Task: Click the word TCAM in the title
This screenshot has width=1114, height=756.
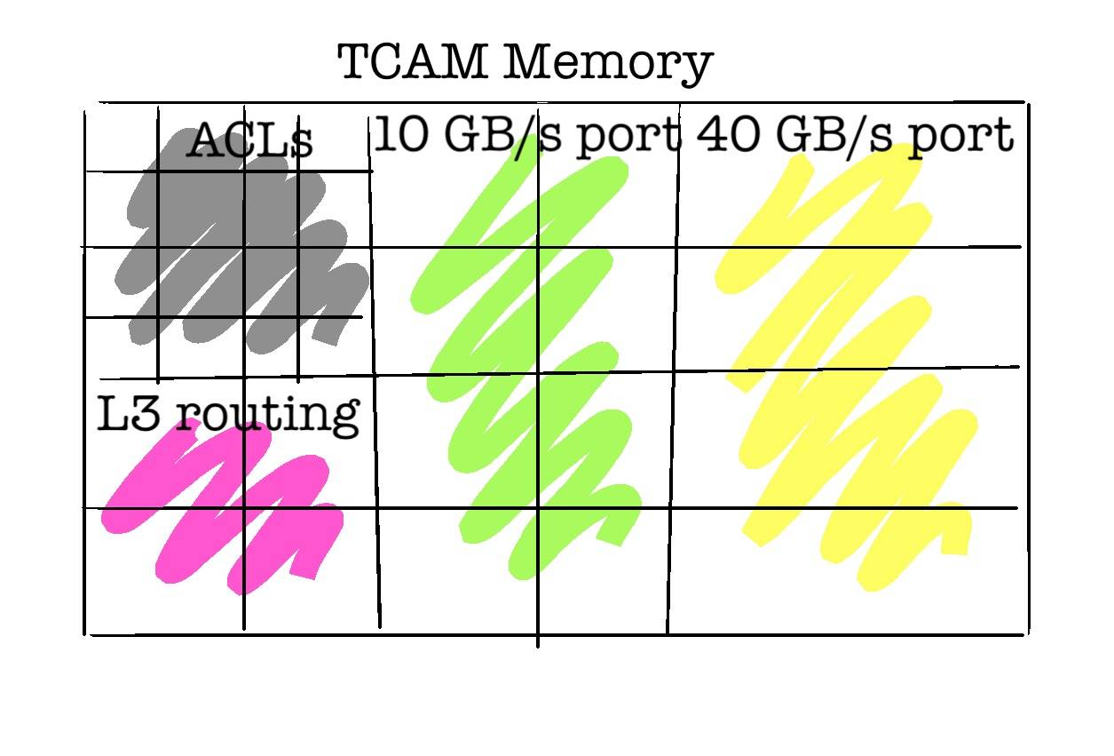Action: [412, 61]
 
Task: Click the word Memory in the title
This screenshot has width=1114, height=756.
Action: [608, 65]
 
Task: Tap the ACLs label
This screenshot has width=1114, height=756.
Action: [250, 140]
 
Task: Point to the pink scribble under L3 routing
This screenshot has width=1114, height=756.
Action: [222, 507]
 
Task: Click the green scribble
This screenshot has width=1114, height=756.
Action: [525, 358]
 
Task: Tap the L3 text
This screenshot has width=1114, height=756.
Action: [129, 412]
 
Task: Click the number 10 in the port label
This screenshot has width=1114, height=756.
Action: [401, 133]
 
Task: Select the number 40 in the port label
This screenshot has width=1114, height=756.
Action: [728, 133]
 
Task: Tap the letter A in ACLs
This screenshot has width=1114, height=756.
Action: [206, 141]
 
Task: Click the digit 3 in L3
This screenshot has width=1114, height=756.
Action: [146, 413]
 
